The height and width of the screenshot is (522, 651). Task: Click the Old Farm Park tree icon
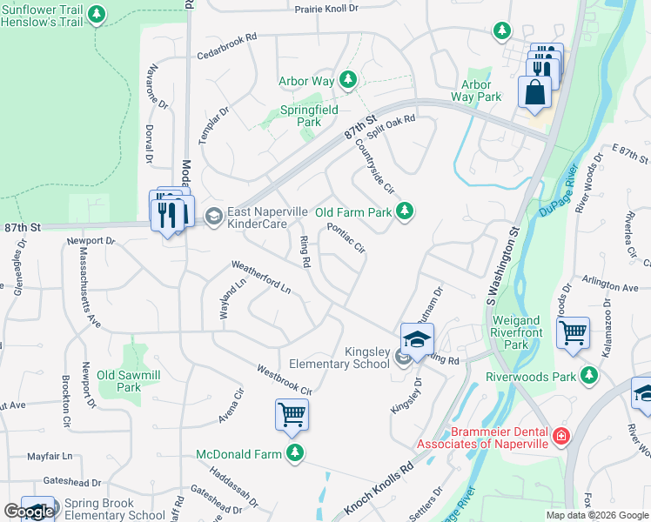(404, 211)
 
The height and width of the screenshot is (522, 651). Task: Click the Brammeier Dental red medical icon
(561, 435)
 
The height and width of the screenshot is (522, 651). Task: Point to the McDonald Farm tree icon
(295, 452)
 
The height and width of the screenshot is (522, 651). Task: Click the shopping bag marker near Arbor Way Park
(534, 92)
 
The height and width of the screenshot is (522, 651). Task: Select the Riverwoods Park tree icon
(590, 375)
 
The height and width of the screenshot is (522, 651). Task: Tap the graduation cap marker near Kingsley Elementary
(417, 340)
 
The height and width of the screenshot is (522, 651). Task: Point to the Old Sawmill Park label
(118, 381)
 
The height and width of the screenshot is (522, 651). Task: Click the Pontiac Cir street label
(346, 238)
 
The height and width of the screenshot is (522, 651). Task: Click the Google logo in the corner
(28, 512)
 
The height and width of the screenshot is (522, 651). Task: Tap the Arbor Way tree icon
(348, 80)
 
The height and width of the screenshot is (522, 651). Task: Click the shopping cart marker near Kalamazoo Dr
(573, 333)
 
